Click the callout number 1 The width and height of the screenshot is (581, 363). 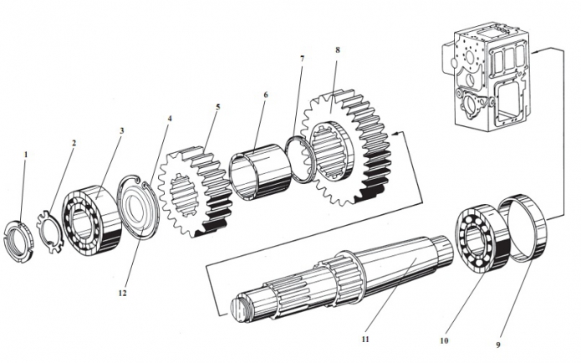click(26, 155)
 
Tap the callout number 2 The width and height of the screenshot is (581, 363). click(74, 143)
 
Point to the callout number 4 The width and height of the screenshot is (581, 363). click(171, 119)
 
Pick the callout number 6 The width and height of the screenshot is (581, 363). click(265, 95)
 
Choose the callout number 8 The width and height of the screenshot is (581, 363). click(337, 50)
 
